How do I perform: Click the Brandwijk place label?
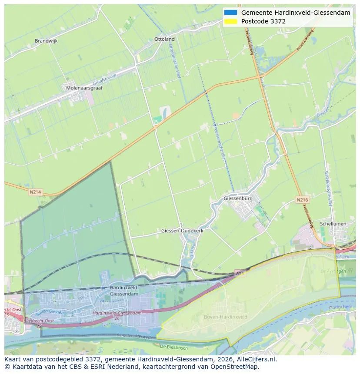tap(46, 41)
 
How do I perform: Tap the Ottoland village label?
tap(164, 39)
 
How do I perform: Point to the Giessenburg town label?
tap(238, 199)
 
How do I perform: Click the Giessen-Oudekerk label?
tap(182, 231)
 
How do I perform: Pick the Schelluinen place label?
tap(333, 224)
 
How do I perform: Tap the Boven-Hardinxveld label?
tap(226, 317)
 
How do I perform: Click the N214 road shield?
tap(35, 191)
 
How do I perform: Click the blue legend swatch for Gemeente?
tap(230, 13)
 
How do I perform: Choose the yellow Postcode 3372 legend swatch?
tap(230, 21)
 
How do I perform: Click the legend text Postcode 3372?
tap(263, 21)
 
